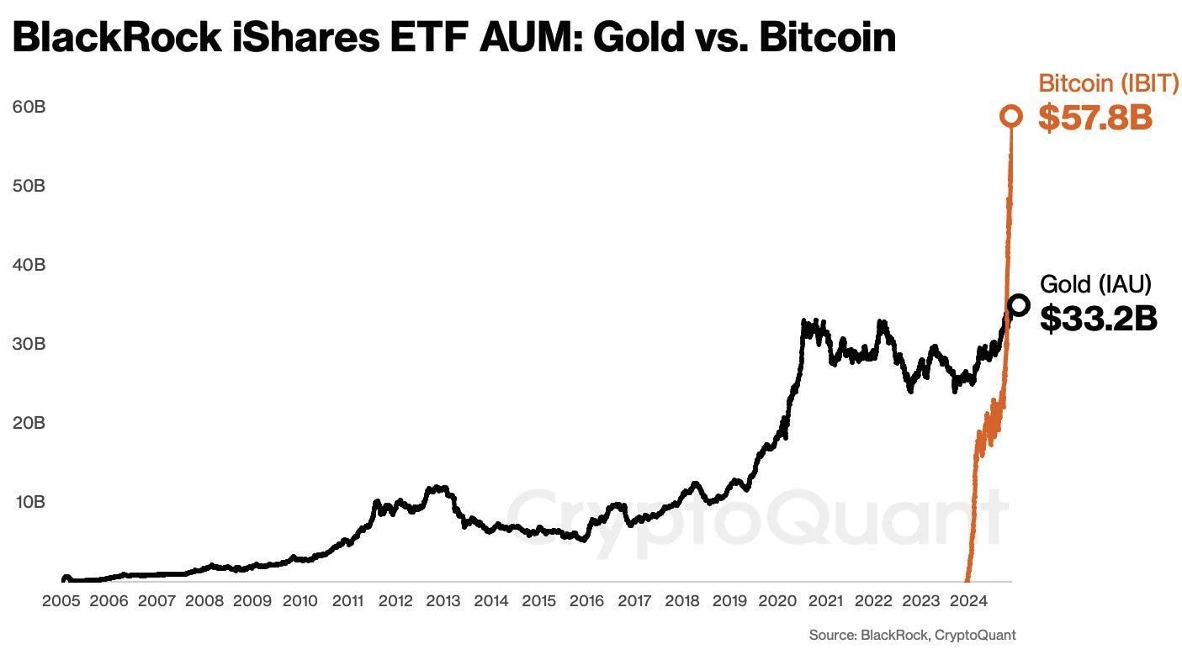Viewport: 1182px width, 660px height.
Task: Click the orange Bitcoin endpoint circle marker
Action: click(x=1011, y=116)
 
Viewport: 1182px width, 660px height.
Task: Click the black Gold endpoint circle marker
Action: click(x=1018, y=305)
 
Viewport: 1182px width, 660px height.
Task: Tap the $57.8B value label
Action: click(x=1095, y=119)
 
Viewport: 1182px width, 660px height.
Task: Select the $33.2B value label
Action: click(x=1099, y=318)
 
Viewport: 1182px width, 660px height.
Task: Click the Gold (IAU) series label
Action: click(x=1095, y=283)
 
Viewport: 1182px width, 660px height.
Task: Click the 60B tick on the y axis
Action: click(x=28, y=107)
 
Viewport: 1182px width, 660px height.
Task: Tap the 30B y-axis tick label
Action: click(x=28, y=344)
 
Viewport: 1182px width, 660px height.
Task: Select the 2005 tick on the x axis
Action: click(x=61, y=601)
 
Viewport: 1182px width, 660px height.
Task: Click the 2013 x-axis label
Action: click(x=443, y=601)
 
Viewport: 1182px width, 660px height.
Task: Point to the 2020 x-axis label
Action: click(x=777, y=601)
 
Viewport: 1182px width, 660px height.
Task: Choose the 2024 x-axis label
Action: click(x=968, y=601)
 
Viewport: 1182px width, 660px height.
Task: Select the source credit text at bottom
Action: click(x=912, y=636)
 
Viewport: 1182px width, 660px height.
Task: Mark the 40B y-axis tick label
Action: click(x=28, y=265)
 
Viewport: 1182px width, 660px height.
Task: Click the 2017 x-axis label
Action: click(x=634, y=601)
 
